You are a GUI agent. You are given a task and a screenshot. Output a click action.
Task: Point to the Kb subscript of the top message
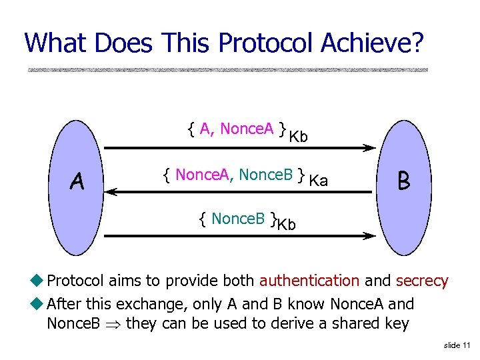pyautogui.click(x=299, y=137)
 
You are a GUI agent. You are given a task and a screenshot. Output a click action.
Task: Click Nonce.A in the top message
pyautogui.click(x=247, y=129)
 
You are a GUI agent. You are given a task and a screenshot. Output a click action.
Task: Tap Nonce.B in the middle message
pyautogui.click(x=266, y=175)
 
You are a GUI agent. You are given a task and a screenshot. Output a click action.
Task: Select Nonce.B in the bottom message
pyautogui.click(x=238, y=218)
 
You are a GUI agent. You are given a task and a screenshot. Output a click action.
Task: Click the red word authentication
pyautogui.click(x=309, y=281)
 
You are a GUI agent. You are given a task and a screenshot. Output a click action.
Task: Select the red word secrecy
pyautogui.click(x=422, y=281)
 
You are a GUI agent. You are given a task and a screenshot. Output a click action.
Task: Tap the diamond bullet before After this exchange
pyautogui.click(x=39, y=304)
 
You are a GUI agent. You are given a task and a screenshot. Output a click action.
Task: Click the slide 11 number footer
pyautogui.click(x=457, y=345)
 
